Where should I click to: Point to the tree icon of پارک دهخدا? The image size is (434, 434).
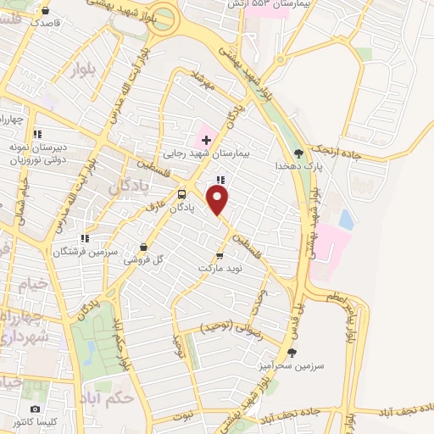[298, 153]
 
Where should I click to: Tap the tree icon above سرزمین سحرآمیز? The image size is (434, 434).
[292, 352]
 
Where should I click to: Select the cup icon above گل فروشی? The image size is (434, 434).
[142, 247]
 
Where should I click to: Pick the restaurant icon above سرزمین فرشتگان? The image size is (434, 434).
[83, 215]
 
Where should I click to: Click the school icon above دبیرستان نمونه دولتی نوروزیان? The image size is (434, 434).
[36, 134]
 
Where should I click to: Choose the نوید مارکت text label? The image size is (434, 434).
[220, 268]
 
